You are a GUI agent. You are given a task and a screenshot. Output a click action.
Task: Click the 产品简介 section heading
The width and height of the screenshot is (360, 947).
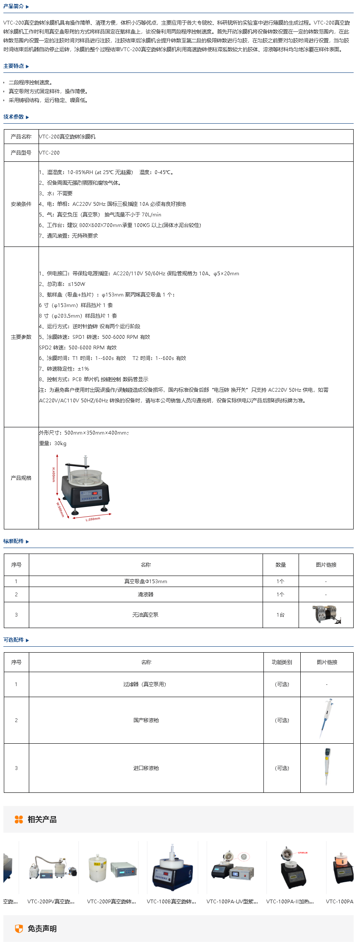pos(14,6)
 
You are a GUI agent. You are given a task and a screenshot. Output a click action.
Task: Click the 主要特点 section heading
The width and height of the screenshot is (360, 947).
pos(14,66)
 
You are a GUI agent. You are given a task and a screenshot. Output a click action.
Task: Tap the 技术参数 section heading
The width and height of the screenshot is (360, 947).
pos(14,117)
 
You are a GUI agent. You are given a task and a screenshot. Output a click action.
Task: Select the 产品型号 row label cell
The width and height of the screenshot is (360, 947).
pos(21,153)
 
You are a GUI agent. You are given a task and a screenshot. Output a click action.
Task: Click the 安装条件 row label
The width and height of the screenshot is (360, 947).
pos(21,204)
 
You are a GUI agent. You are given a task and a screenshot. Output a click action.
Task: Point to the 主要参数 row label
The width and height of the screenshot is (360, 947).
pos(21,337)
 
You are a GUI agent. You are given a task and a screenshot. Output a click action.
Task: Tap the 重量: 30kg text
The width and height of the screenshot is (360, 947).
pos(53,443)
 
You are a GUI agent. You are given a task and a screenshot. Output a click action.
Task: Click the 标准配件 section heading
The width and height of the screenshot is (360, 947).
pos(14,541)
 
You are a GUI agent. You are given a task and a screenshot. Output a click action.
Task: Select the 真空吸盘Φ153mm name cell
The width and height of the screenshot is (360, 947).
pos(146,581)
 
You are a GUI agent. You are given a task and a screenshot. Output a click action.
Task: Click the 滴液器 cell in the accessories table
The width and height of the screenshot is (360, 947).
pos(146,595)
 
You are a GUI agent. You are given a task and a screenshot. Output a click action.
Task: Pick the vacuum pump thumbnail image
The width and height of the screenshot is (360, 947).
pos(326,615)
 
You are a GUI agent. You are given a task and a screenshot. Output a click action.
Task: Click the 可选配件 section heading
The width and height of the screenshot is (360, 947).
pos(14,640)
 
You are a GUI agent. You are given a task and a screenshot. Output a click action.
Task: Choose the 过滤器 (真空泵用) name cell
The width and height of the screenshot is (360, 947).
pos(146,684)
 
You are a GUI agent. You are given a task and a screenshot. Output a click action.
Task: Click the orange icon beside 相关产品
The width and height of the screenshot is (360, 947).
pos(19,820)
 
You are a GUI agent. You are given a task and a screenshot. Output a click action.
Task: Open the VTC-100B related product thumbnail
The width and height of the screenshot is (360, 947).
pos(172,868)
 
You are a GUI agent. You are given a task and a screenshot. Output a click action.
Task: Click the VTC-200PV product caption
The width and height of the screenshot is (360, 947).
pos(51,902)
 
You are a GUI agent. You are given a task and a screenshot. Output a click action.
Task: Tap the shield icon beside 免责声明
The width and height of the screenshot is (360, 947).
pos(19,929)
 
